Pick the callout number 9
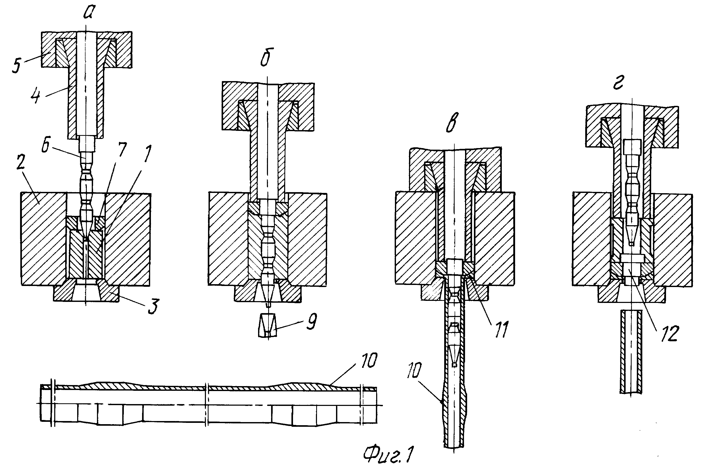[311, 321]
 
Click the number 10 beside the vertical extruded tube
[414, 370]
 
